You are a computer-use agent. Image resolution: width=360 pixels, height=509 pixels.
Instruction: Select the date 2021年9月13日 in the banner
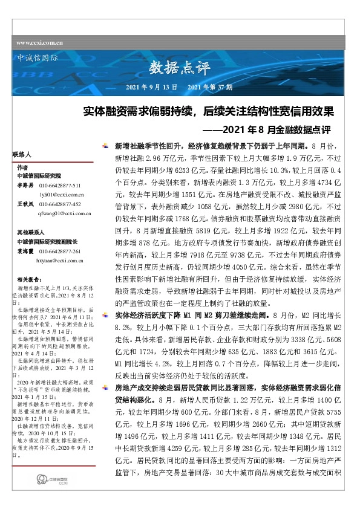click(151, 88)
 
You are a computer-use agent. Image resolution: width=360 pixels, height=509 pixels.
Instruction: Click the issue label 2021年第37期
click(211, 88)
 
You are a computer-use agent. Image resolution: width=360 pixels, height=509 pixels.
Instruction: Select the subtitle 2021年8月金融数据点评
click(267, 129)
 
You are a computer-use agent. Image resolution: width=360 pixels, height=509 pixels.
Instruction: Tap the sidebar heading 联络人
click(21, 155)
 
